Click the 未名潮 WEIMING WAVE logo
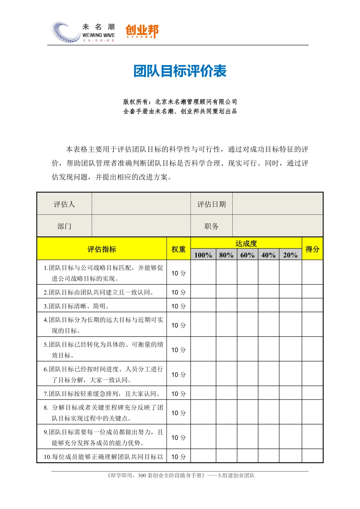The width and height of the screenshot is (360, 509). pos(83,32)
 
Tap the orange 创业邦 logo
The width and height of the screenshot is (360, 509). pos(142,31)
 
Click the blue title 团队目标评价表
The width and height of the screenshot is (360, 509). pos(180,71)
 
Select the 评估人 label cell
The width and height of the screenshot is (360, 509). pos(64,205)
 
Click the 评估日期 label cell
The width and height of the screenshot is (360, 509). pos(211,205)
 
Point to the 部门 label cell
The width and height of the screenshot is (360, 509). pos(64,226)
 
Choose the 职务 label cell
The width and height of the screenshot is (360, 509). pos(211,226)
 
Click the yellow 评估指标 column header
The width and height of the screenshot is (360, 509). pos(102,249)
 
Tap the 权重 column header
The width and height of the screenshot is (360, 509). pos(178,249)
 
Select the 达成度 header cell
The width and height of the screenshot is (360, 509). pos(246,243)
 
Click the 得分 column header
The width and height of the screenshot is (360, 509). pos(312,249)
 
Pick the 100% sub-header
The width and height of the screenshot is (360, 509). pos(203,255)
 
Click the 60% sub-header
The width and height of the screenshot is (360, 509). pos(247,255)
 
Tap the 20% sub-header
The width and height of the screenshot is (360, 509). pos(290,255)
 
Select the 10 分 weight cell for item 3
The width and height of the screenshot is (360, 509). pos(178,306)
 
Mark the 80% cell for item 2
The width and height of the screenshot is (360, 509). pos(226,292)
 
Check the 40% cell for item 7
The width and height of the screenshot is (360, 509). pos(268,393)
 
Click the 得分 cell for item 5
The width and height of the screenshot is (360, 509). pos(312,350)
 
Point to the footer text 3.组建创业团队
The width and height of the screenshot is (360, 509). pos(236,476)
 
